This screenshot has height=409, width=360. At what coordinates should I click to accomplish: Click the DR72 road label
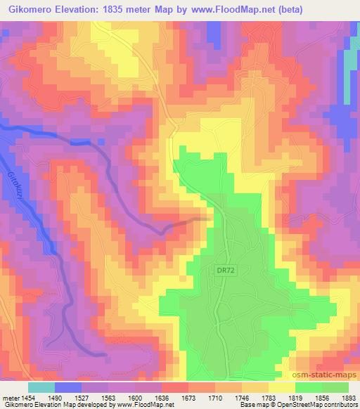[224, 268]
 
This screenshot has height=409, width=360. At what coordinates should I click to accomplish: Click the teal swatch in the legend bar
[41, 387]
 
